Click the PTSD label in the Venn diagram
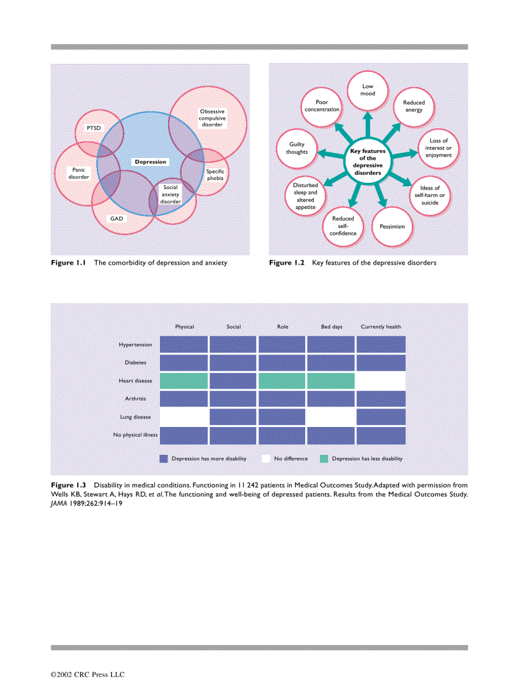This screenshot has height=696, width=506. [94, 128]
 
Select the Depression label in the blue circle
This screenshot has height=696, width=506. [151, 162]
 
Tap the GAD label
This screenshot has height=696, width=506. [116, 218]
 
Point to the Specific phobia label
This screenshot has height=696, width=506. [215, 175]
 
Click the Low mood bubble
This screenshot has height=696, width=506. [368, 90]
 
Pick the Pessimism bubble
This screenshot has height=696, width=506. [392, 226]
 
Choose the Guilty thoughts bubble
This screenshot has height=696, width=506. [296, 148]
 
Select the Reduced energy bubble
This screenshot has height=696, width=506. [414, 106]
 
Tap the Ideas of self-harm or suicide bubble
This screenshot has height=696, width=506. [430, 195]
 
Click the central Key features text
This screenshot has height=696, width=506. [368, 162]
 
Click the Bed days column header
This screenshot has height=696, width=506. [332, 327]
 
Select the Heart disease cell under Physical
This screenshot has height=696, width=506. [184, 381]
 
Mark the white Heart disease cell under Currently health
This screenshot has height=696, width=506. [381, 381]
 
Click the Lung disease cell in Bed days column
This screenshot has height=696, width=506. [331, 416]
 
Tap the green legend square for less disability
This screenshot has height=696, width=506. [324, 459]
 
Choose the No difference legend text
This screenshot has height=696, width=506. [291, 459]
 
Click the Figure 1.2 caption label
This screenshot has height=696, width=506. [287, 263]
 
